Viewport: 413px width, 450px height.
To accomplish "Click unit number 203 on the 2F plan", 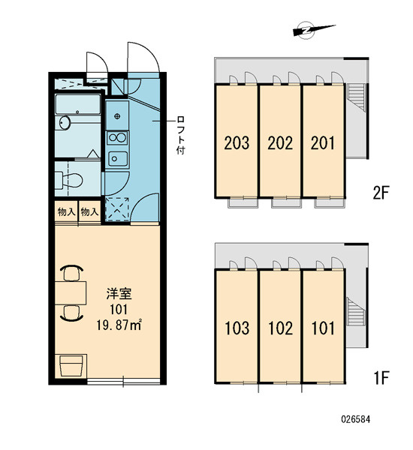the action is tap(237, 143).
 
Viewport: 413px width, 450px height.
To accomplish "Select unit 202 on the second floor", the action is tap(280, 143).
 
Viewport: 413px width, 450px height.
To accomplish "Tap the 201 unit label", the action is tap(322, 143).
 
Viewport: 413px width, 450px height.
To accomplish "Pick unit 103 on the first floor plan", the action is tap(237, 328).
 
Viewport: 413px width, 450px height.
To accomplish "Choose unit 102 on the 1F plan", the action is tap(280, 328).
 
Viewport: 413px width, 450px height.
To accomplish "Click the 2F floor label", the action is tap(381, 193).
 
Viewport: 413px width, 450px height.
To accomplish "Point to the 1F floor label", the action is tap(381, 378).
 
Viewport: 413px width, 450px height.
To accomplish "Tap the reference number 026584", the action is tap(356, 419).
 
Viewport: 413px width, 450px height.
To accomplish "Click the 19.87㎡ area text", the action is tap(119, 325).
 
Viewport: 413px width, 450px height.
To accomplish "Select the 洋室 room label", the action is tap(119, 293).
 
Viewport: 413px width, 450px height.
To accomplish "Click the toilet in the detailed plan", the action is tap(69, 181).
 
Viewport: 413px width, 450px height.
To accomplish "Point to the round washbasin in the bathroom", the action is tap(65, 123).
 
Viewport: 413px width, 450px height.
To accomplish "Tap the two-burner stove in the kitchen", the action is tap(117, 138).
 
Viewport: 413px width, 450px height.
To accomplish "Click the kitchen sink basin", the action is tap(118, 159).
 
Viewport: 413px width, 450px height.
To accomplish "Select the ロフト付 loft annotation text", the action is tap(180, 136).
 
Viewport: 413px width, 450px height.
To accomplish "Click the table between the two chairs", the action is tap(71, 292).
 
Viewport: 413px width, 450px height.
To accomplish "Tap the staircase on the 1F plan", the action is tap(356, 311).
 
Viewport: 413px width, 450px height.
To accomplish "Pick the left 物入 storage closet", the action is tap(66, 211).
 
